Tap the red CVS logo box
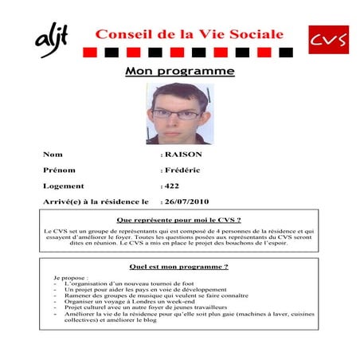click(x=327, y=39)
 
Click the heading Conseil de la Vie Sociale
click(x=189, y=34)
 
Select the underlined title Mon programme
click(x=180, y=72)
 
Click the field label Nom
click(x=53, y=154)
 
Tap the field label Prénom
click(x=59, y=170)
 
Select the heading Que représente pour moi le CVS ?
click(x=179, y=219)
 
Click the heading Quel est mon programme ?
click(x=179, y=266)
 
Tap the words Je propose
click(x=67, y=277)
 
